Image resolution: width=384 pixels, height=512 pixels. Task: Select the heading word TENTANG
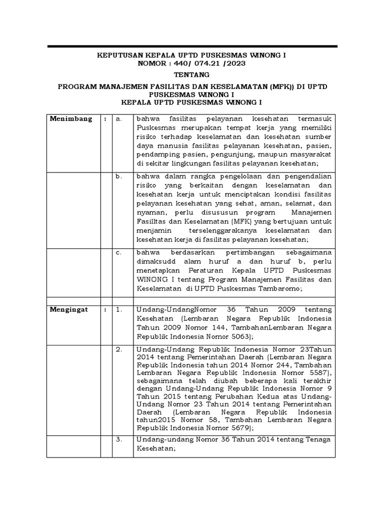click(191, 74)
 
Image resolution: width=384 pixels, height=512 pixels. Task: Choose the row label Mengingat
click(69, 309)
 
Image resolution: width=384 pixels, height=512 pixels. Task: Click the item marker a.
click(118, 119)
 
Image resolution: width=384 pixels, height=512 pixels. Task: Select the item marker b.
click(118, 176)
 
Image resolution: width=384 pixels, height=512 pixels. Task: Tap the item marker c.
click(118, 252)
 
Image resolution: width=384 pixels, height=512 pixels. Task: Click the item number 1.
click(118, 309)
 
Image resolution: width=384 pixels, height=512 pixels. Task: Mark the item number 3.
click(118, 439)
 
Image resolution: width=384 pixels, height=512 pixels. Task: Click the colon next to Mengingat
click(105, 309)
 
